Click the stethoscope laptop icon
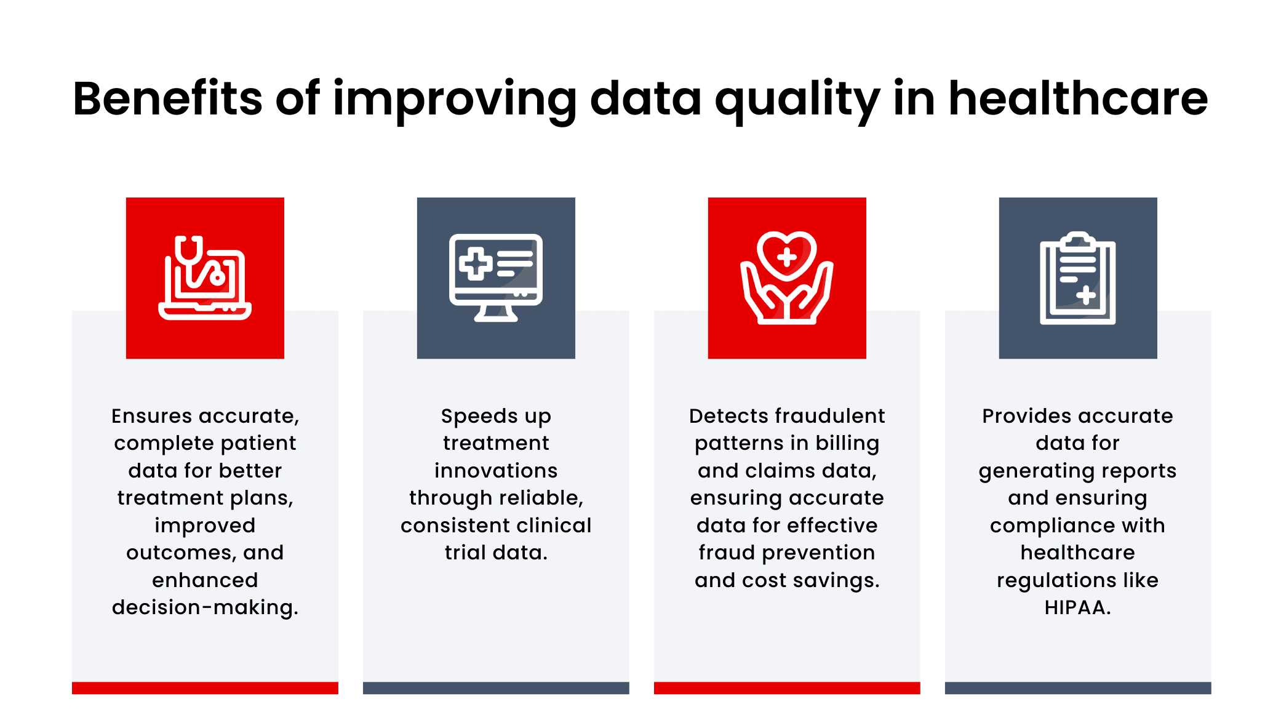pos(205,278)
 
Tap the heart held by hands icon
pos(787,278)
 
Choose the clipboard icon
pos(1078,278)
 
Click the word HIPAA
pos(1077,607)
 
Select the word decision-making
pos(204,607)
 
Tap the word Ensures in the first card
pos(152,416)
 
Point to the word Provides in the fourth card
pos(1018,416)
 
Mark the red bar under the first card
pos(205,688)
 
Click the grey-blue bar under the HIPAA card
pos(1078,688)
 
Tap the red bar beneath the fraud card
pos(787,688)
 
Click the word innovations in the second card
pos(496,471)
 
